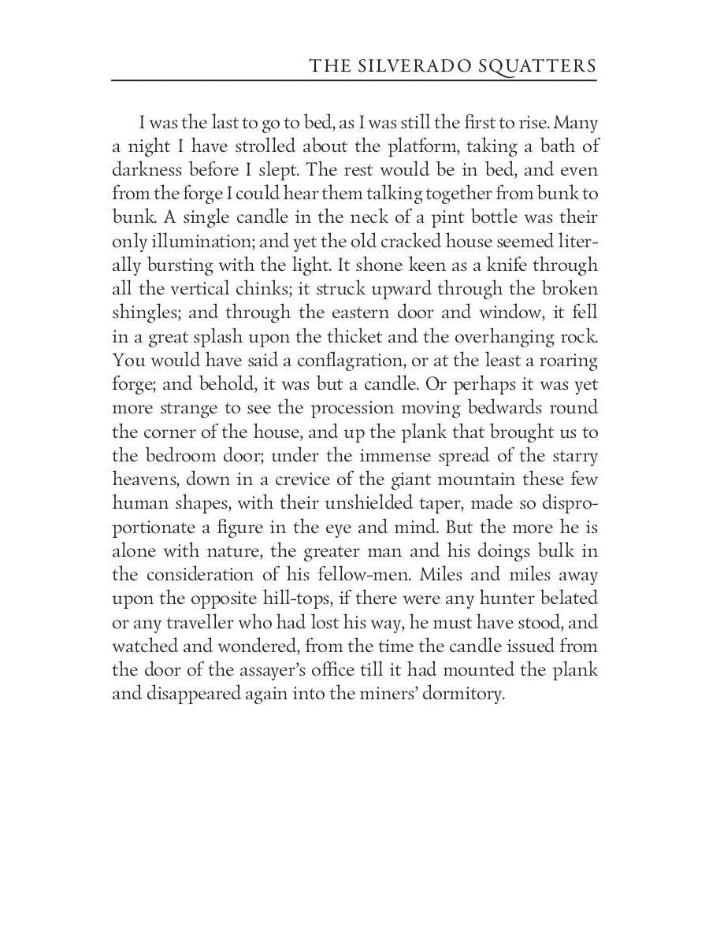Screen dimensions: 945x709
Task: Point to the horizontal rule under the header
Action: [354, 80]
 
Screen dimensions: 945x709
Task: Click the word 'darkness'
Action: [148, 170]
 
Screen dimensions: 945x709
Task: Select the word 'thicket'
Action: [363, 337]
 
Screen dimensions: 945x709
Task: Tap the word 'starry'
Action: [575, 456]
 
